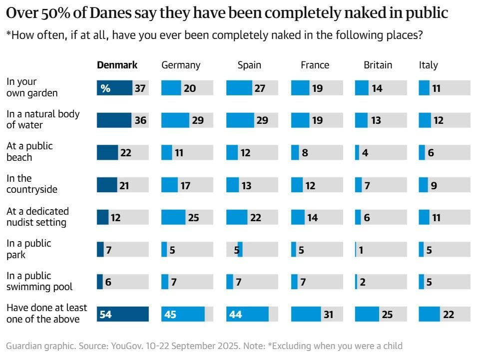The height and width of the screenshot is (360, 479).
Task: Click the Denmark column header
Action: [117, 65]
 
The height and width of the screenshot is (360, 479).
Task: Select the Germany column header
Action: [181, 65]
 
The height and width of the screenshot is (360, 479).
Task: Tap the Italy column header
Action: [428, 65]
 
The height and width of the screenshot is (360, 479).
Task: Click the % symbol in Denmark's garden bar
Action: [105, 88]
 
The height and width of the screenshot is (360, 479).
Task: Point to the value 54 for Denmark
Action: [105, 315]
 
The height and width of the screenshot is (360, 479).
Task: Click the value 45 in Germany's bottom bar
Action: [170, 315]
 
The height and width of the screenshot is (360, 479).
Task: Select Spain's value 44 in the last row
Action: [235, 315]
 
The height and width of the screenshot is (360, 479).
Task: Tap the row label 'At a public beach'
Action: [29, 152]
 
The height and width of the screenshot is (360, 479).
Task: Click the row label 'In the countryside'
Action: [31, 184]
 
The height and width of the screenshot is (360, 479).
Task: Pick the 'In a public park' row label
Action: [29, 249]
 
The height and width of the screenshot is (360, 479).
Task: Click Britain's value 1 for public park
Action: [361, 250]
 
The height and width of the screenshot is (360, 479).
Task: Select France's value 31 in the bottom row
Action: [328, 315]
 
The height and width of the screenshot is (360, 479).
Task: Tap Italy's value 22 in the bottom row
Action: [448, 315]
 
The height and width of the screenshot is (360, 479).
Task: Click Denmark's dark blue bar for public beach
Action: [107, 153]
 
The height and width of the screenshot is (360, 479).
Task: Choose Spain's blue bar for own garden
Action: [239, 88]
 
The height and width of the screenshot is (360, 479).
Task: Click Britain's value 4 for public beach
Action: [365, 153]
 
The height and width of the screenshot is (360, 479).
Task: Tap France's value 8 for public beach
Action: [305, 153]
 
